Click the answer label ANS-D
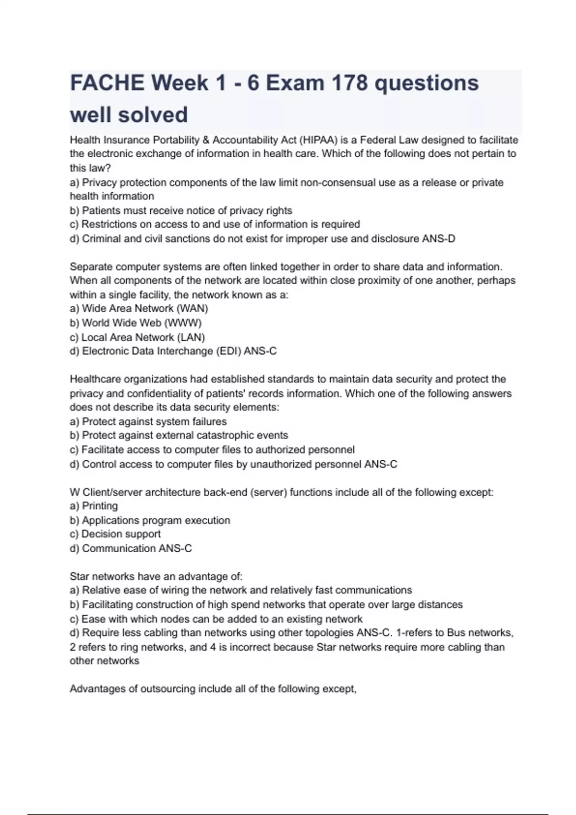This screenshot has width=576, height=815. click(x=438, y=238)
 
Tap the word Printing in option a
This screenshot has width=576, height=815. click(x=100, y=506)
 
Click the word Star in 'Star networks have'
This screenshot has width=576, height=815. click(x=79, y=576)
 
